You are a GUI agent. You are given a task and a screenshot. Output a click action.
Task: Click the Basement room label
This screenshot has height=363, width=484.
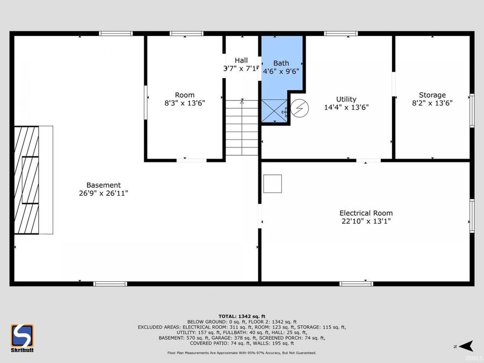coord(104,185)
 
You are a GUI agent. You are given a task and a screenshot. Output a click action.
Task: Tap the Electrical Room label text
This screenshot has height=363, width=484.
coord(366,213)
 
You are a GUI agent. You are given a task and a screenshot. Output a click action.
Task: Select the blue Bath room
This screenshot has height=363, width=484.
coord(281,81)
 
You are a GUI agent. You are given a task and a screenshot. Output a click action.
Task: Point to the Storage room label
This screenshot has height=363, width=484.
coord(432,95)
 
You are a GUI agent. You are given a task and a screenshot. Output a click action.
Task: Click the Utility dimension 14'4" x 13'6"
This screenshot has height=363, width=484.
coord(346,107)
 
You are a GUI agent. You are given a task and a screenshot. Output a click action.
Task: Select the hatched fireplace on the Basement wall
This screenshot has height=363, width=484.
coord(26,180)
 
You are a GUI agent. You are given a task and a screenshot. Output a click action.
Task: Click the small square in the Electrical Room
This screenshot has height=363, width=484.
coord(273,183)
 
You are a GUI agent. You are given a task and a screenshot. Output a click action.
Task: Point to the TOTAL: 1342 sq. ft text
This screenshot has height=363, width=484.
coord(241,316)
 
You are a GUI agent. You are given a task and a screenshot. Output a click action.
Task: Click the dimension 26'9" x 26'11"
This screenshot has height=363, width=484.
coord(104,193)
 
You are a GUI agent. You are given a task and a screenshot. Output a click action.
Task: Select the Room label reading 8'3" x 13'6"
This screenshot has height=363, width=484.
coord(184,103)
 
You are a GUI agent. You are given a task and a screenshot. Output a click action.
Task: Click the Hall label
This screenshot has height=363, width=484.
coord(241,60)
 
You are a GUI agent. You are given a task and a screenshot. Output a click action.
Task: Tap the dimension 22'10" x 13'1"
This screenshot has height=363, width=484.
coord(366,221)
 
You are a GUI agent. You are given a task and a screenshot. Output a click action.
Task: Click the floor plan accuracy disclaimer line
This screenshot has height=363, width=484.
coord(241,353)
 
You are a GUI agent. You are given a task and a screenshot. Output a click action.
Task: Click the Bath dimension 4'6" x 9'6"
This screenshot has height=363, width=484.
coord(281,71)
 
